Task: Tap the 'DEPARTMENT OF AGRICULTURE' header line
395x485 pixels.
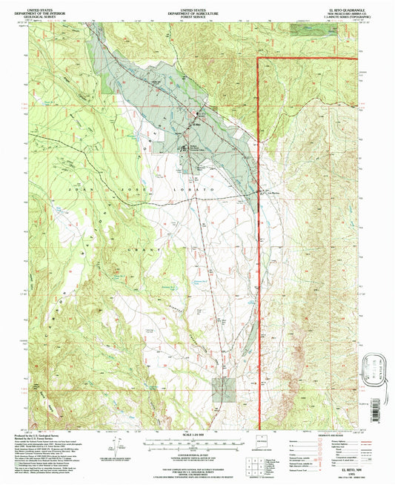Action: point(197,10)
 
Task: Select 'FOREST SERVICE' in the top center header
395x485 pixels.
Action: point(197,13)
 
